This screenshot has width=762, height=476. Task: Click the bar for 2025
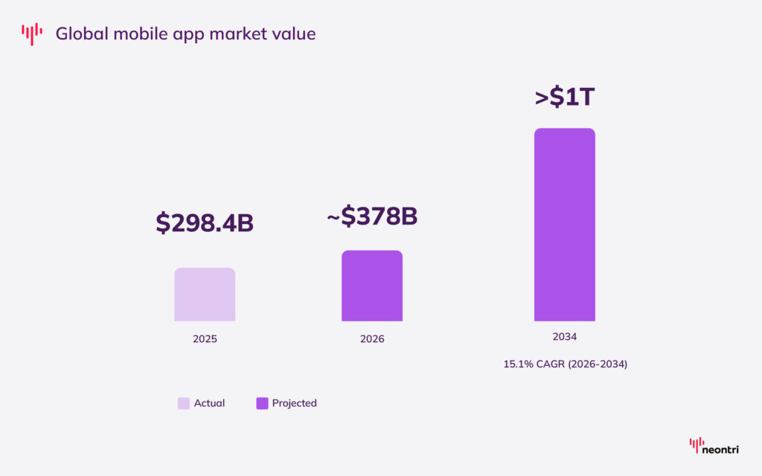pos(205,295)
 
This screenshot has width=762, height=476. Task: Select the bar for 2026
pos(372,286)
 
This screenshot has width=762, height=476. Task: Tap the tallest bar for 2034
pos(564,225)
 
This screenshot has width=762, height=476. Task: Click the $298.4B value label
pos(205,222)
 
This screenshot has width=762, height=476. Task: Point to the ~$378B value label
pos(372,216)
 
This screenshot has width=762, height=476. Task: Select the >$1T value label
pos(564,97)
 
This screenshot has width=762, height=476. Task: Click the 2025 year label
pos(205,338)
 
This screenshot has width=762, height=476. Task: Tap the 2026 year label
pos(372,338)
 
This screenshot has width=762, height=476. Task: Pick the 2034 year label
pos(564,337)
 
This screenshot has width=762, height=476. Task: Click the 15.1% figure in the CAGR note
pos(518,364)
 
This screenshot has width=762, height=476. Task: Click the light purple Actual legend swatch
pos(183,403)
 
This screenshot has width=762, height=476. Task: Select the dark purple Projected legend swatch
pos(262,403)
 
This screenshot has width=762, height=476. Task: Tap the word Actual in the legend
pos(209,403)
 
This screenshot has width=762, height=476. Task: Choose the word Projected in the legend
pos(294,403)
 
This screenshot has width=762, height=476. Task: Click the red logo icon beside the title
pos(32,33)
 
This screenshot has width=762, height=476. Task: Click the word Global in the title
pos(80,33)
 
